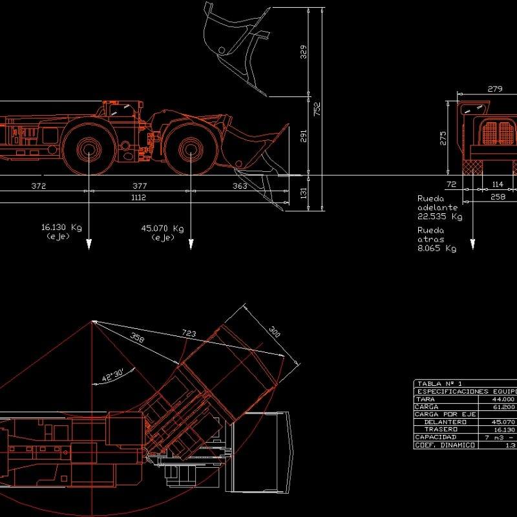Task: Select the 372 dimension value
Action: (x=39, y=186)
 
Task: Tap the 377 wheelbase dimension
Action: (x=140, y=186)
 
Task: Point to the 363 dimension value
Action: (x=240, y=186)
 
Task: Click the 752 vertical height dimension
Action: (x=317, y=110)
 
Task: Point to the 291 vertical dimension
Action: (x=304, y=136)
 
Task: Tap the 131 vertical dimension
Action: (x=304, y=192)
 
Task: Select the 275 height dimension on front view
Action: (x=443, y=139)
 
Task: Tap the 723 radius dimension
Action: (x=189, y=333)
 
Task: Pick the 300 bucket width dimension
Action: (x=275, y=331)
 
